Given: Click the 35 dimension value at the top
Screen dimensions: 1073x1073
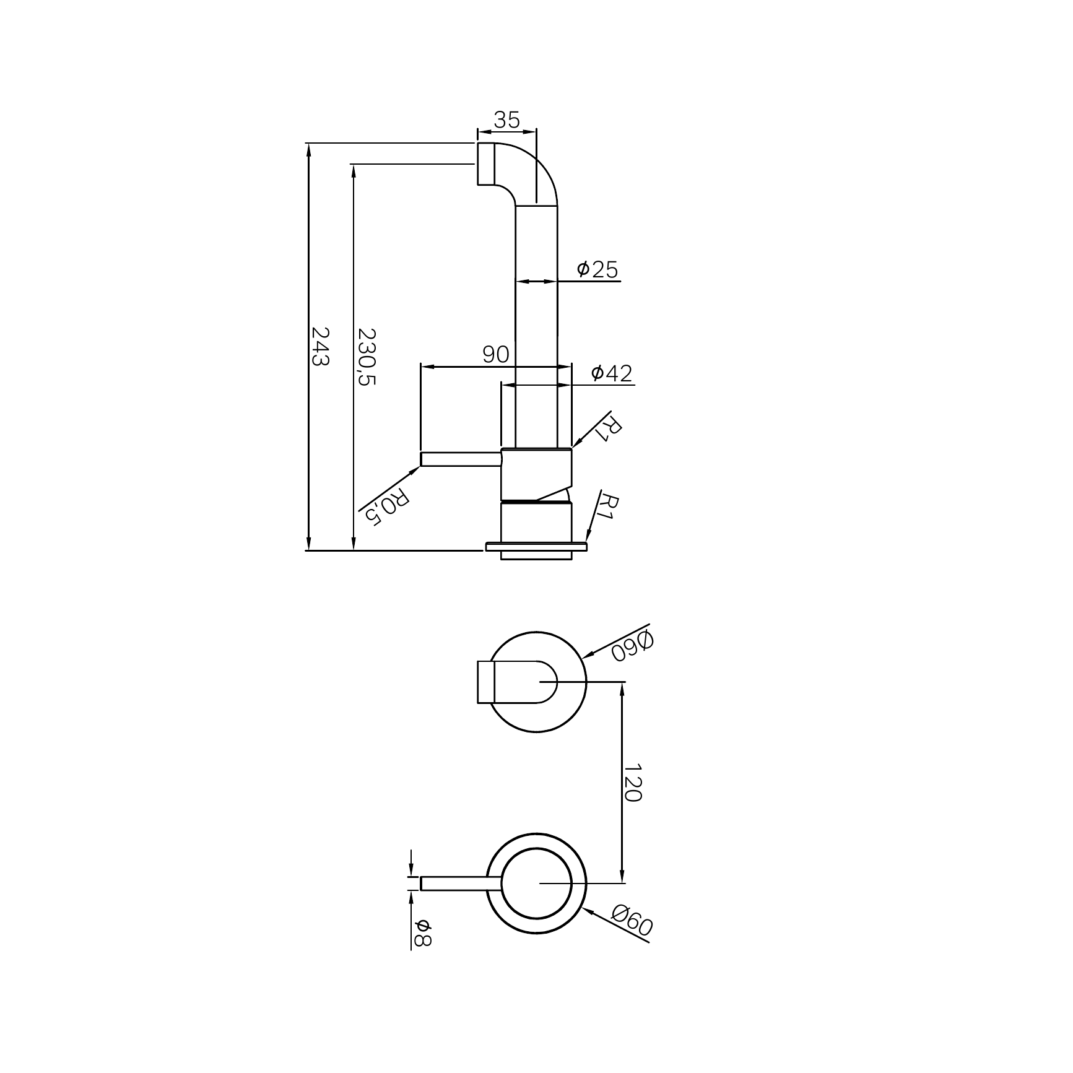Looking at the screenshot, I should coord(507,120).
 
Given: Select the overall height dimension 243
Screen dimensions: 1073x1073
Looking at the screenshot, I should coord(319,346).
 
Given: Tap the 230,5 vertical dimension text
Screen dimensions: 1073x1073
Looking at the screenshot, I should coord(367,357).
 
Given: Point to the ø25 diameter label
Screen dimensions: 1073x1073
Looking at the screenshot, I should coord(597,269).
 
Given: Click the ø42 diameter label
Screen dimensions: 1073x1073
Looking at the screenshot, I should coord(612,373).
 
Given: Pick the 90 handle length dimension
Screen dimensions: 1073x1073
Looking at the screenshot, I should coord(496,355).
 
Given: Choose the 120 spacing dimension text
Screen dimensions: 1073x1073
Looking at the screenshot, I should coord(632,783).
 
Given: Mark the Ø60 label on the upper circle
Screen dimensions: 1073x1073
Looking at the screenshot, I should coord(632,646).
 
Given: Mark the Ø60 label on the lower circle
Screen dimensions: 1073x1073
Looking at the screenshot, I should coord(632,921).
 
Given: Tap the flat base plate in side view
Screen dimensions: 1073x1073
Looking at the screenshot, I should coord(536,547).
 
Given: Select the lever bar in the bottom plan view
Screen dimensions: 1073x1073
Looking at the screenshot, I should coord(458,884).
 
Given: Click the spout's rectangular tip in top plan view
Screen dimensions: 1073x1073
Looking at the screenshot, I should coord(485,682).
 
